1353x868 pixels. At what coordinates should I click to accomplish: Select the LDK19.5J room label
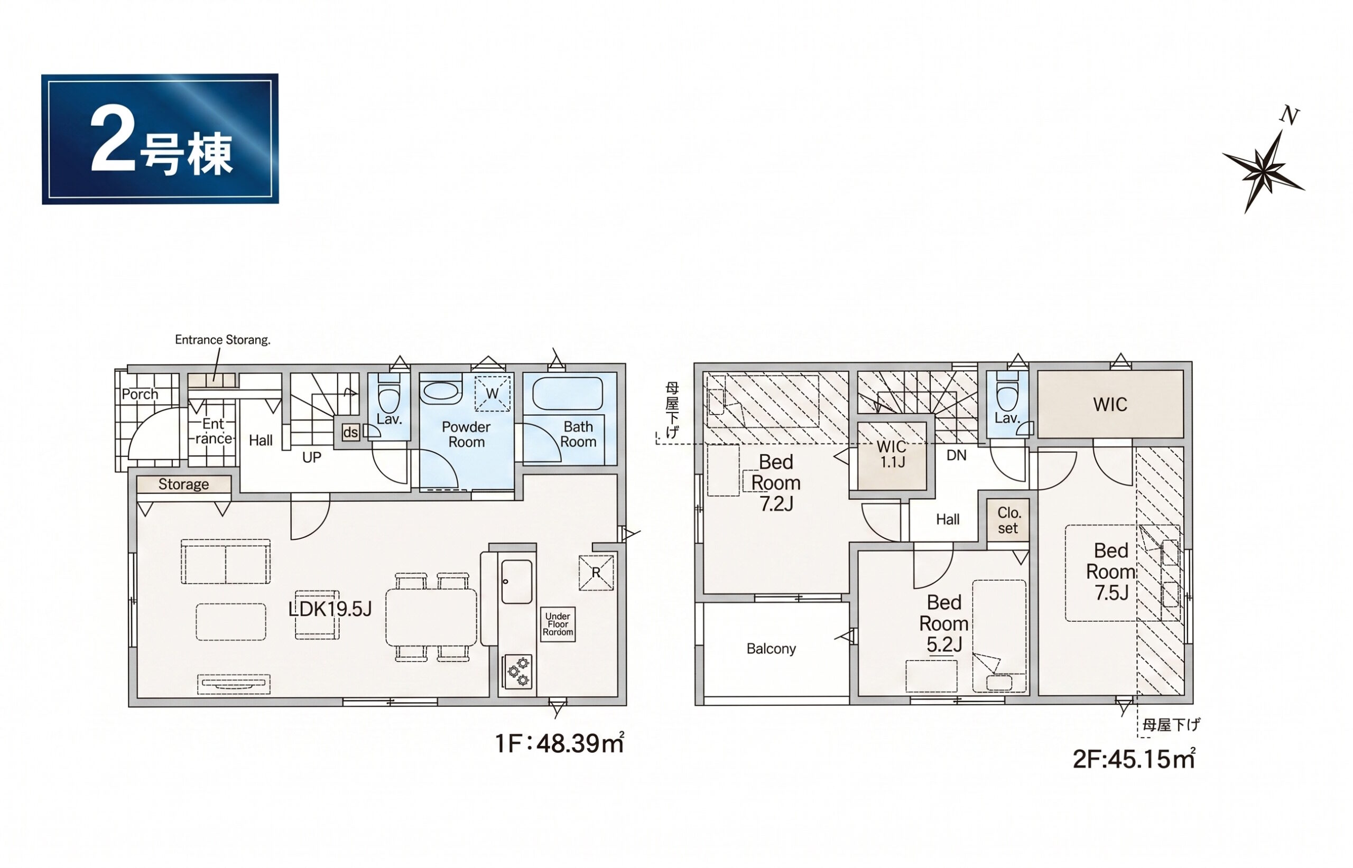click(x=330, y=609)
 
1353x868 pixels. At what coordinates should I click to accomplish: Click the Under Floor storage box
click(x=558, y=624)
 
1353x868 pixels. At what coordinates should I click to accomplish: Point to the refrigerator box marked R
click(x=596, y=573)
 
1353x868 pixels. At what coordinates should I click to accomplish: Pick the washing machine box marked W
click(x=492, y=394)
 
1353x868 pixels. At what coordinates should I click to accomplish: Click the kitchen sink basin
click(x=516, y=582)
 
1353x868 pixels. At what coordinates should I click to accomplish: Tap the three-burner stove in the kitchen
click(x=518, y=671)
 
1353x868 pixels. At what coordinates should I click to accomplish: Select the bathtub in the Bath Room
click(x=567, y=394)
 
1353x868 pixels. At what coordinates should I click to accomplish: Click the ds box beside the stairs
click(x=350, y=432)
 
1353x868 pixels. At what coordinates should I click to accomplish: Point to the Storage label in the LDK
click(x=184, y=484)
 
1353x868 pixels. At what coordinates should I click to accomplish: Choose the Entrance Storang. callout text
click(x=223, y=340)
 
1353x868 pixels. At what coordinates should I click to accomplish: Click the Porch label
click(x=140, y=395)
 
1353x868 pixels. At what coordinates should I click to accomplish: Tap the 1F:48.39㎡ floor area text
click(x=560, y=743)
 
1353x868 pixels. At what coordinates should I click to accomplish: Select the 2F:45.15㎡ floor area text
click(x=1134, y=759)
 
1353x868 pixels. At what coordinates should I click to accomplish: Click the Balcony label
click(x=771, y=649)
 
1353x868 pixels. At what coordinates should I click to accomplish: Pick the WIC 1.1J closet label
click(x=892, y=454)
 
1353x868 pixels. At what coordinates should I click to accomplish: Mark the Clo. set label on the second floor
click(x=1008, y=520)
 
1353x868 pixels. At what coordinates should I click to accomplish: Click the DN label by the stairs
click(x=957, y=455)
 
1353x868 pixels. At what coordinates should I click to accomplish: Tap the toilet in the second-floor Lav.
click(x=1007, y=393)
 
